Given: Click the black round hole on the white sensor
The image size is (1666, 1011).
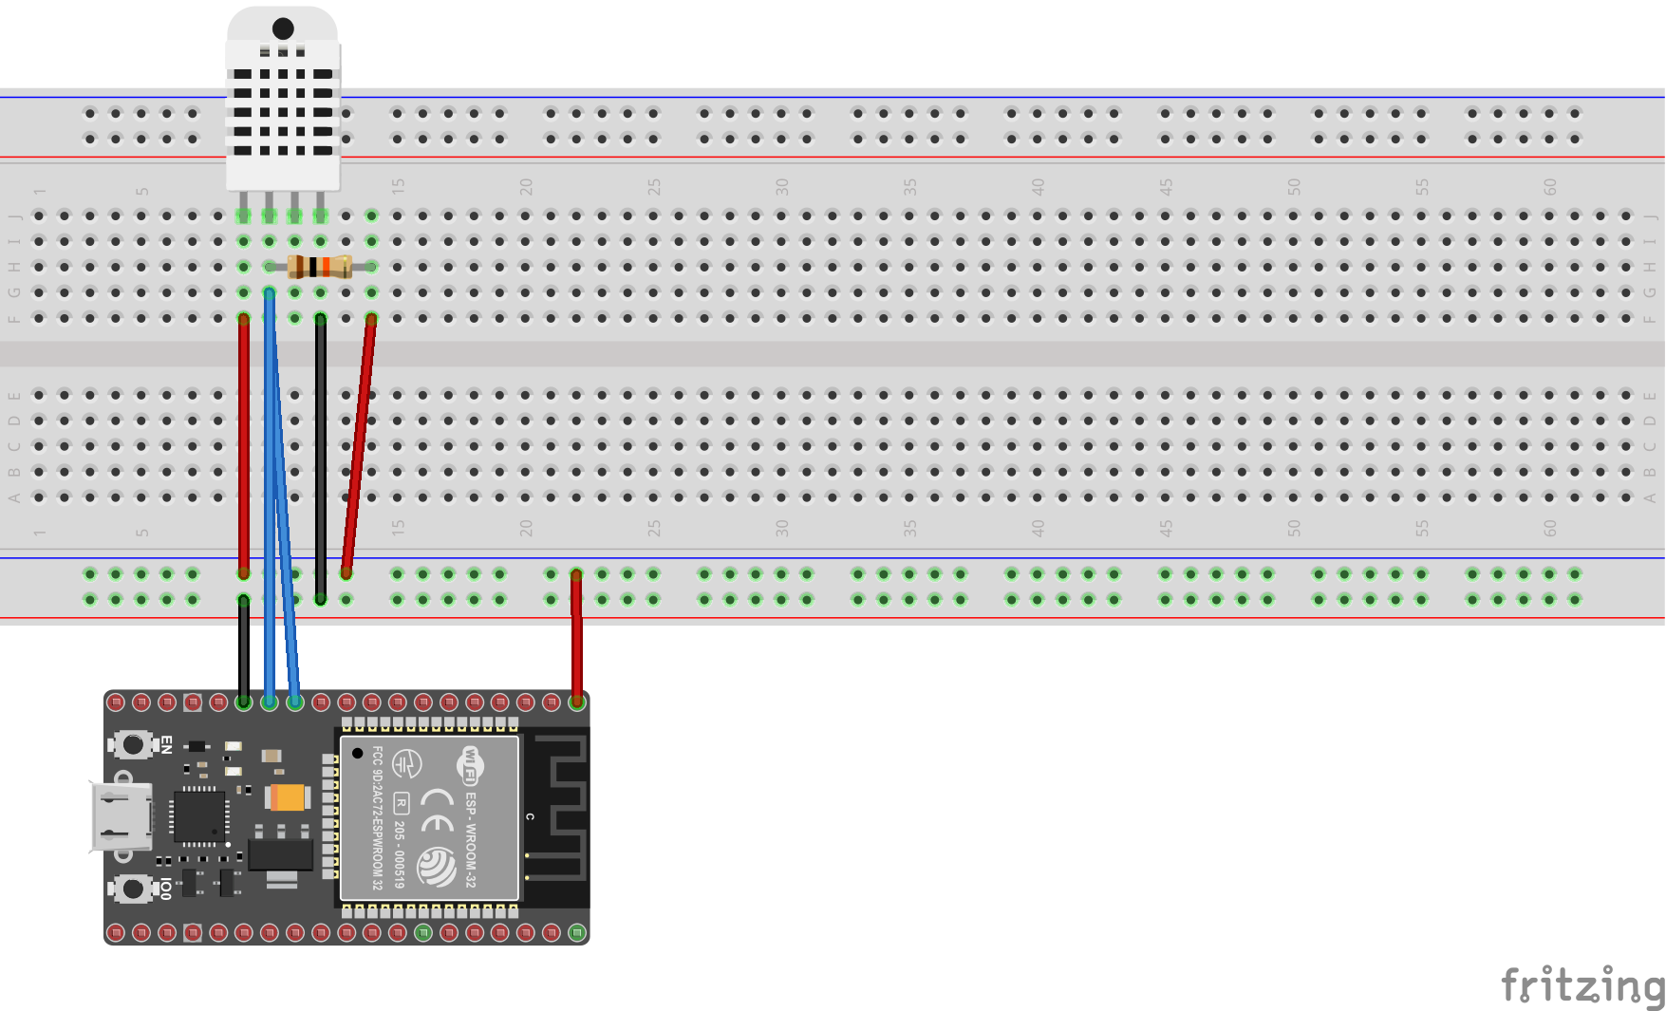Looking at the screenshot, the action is click(x=283, y=28).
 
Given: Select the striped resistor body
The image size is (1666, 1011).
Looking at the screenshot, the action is click(x=320, y=267).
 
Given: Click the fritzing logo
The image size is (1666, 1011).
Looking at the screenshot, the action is click(x=1582, y=985).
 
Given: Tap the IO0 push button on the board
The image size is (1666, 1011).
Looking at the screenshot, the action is click(x=133, y=889).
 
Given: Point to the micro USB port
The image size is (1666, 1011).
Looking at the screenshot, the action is click(x=121, y=816).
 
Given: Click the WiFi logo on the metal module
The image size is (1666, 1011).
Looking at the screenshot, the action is click(x=470, y=765).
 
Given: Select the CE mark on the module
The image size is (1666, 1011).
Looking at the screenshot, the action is click(x=437, y=809).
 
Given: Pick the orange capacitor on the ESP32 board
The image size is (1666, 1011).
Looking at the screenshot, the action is click(x=289, y=797).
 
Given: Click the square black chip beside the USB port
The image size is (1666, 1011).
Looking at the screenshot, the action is click(x=199, y=815).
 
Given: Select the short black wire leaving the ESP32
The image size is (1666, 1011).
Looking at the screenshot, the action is click(x=244, y=651).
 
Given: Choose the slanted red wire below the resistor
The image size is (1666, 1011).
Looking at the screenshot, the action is click(x=359, y=446).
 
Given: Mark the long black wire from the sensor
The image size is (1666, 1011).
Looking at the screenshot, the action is click(x=321, y=456).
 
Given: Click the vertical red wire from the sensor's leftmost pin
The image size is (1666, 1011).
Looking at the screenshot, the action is click(x=244, y=446).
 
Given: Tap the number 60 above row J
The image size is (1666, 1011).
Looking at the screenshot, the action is click(x=1549, y=187).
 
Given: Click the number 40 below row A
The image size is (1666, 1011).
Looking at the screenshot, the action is click(x=1038, y=528).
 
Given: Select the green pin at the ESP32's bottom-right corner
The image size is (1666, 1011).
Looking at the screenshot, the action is click(x=576, y=933).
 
